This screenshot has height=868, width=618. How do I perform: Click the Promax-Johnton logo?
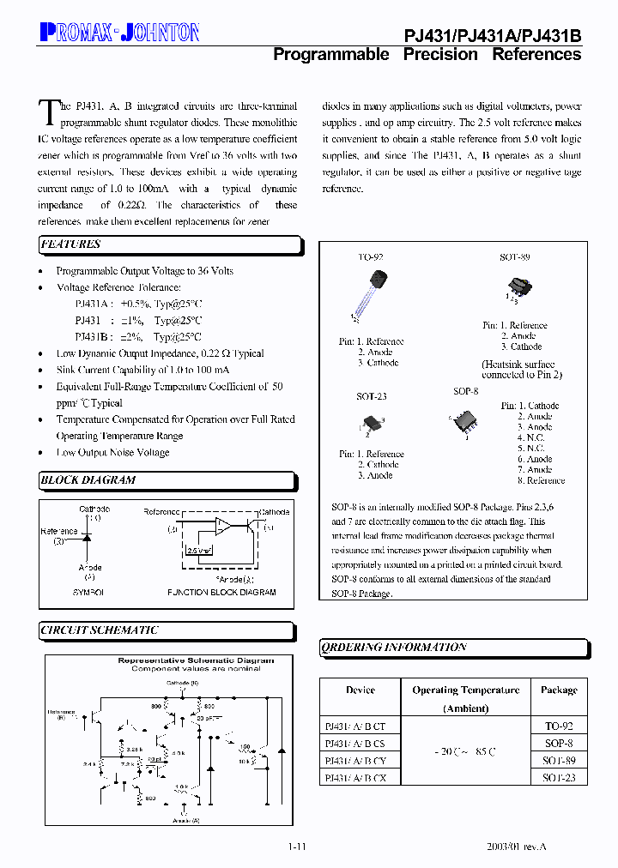pyautogui.click(x=120, y=33)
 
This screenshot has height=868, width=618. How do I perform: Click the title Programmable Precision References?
pyautogui.click(x=427, y=54)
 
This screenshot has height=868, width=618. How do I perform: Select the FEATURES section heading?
pyautogui.click(x=71, y=244)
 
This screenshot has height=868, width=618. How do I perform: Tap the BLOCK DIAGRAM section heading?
pyautogui.click(x=88, y=480)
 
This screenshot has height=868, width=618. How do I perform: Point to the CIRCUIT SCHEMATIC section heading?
pyautogui.click(x=100, y=630)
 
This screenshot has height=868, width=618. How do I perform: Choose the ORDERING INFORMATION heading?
pyautogui.click(x=394, y=648)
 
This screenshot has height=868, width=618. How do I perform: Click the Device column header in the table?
pyautogui.click(x=360, y=690)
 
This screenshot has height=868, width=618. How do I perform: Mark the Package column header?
pyautogui.click(x=559, y=690)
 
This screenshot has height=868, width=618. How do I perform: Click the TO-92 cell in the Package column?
pyautogui.click(x=559, y=726)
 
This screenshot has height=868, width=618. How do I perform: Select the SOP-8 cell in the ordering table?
pyautogui.click(x=559, y=744)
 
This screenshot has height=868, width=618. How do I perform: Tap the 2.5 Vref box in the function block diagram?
pyautogui.click(x=200, y=552)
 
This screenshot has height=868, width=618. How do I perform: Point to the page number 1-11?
pyautogui.click(x=297, y=847)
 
